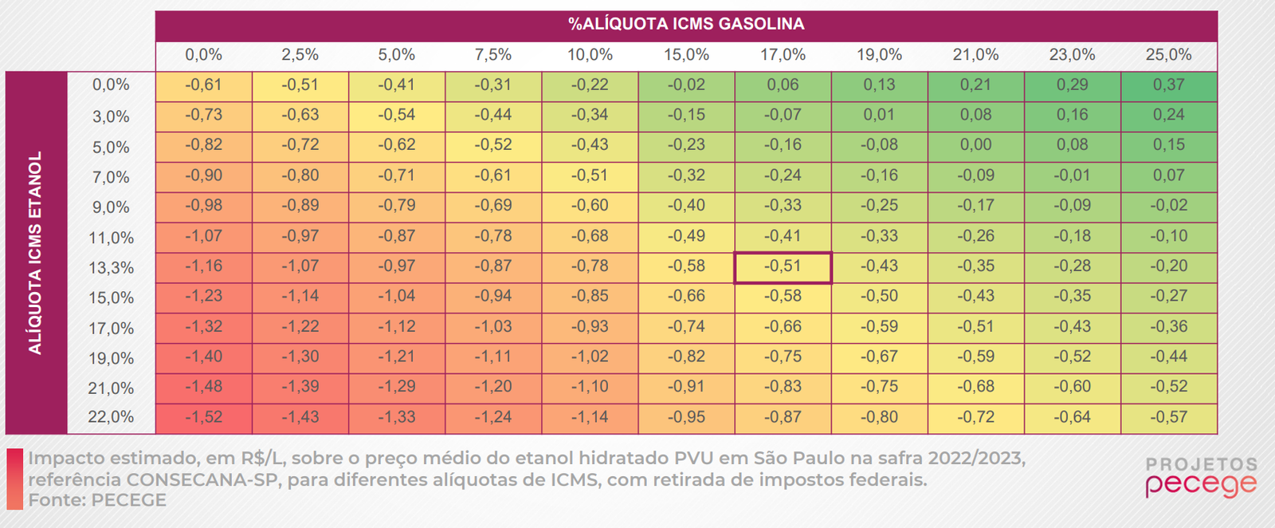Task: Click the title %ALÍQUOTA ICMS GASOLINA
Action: (x=686, y=24)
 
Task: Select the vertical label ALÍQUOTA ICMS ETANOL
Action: (x=35, y=252)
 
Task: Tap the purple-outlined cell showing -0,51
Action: (x=783, y=266)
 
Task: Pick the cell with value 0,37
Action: (x=1168, y=85)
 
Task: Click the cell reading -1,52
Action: (x=204, y=417)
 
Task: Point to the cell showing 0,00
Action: (x=975, y=145)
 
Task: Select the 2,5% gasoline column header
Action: (x=300, y=55)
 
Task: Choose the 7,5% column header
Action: (x=493, y=55)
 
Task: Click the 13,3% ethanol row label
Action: (x=112, y=268)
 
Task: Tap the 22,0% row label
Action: (x=112, y=417)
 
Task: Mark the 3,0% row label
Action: (x=112, y=116)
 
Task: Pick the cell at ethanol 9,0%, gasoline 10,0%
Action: (x=590, y=206)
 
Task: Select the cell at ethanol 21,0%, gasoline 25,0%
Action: (x=1168, y=387)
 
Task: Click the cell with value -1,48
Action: (x=204, y=387)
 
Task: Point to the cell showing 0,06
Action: (x=783, y=85)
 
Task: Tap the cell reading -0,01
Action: (x=1072, y=175)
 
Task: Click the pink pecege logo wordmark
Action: (x=1201, y=485)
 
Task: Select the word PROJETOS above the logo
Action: (x=1201, y=464)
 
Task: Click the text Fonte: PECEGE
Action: (x=97, y=500)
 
